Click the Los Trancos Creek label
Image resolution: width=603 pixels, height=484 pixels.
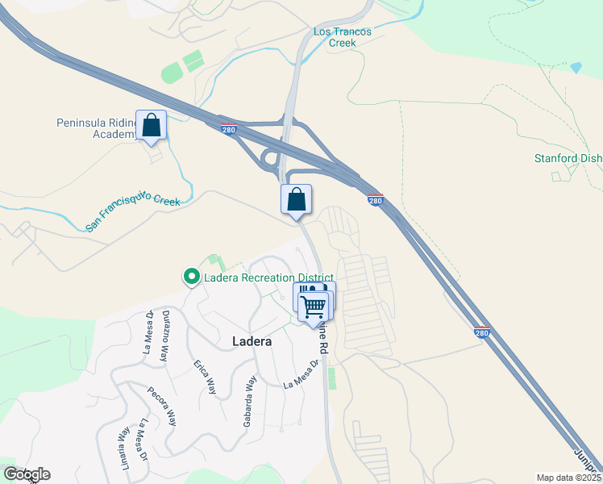tap(343, 37)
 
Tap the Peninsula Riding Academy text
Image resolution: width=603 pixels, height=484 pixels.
tap(97, 128)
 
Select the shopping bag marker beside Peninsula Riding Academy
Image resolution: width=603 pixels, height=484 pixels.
tap(151, 126)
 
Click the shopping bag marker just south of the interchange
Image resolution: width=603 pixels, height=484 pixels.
tap(296, 200)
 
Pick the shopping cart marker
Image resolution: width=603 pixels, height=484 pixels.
tap(313, 307)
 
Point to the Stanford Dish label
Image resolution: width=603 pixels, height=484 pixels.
tap(568, 158)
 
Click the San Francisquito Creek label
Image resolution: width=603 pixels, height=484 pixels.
tap(132, 211)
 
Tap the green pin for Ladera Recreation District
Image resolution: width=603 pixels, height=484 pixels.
tap(192, 277)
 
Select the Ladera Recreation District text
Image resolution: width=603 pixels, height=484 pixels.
tap(268, 278)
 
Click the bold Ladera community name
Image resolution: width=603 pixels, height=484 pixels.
tap(251, 341)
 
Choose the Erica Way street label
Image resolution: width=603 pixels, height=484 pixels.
tap(205, 377)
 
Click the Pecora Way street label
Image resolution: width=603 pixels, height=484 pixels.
tap(161, 407)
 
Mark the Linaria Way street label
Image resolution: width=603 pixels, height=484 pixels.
tap(123, 444)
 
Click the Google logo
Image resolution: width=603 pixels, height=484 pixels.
tap(26, 474)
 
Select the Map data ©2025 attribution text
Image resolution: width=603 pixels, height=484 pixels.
tap(568, 478)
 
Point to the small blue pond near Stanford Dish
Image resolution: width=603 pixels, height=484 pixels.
tap(575, 68)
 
